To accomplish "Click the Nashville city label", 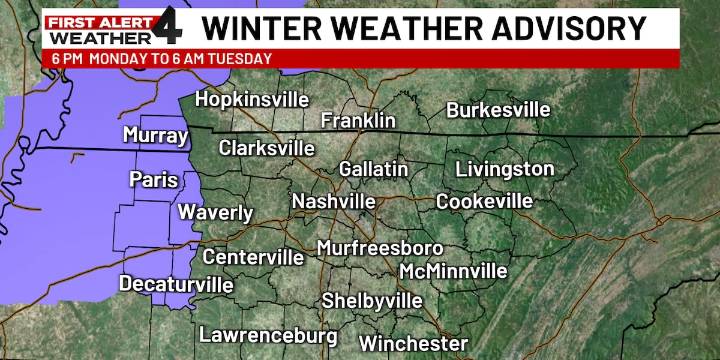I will pos(333,202).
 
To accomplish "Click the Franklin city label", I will pos(358,120).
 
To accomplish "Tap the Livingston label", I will pos(504,168).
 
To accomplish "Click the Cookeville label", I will pos(484,201).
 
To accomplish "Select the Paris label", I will pos(154,180).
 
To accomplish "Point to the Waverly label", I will pos(215,212).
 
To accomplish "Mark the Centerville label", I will pos(253,257).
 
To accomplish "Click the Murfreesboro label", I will pos(379,248).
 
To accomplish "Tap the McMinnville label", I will pos(453,272).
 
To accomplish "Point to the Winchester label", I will pos(413,343).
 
